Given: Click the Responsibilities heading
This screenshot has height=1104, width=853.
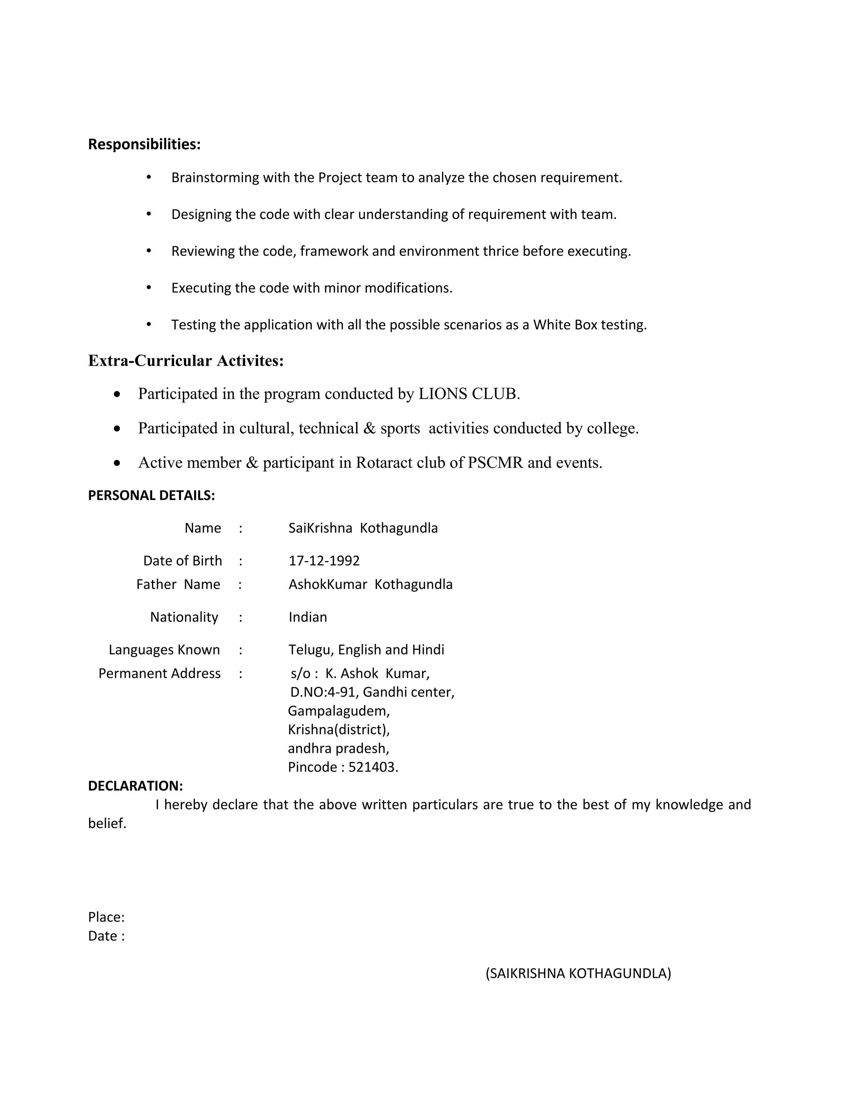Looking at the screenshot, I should click(144, 145).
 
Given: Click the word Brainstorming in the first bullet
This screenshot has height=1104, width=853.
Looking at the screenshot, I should click(215, 178).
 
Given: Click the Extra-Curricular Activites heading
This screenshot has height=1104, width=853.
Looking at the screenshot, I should click(185, 361).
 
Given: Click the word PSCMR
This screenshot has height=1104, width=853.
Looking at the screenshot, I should click(495, 462).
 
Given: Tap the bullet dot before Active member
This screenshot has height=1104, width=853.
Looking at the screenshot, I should click(117, 463).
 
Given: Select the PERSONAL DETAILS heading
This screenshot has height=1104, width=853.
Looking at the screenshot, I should click(151, 495).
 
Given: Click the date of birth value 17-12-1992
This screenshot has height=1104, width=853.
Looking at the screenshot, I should click(324, 561).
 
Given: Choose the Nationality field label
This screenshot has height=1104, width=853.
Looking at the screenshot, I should click(184, 617).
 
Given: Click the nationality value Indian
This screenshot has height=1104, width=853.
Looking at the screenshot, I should click(307, 617).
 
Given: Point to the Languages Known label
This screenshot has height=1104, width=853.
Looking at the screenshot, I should click(164, 650).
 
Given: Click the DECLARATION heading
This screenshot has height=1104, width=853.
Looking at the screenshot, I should click(135, 786).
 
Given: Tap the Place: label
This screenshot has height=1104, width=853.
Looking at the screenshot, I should click(106, 917).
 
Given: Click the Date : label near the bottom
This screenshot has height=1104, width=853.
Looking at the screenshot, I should click(106, 936).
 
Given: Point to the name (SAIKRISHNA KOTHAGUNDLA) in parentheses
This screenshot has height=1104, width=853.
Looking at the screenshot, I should click(578, 974).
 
